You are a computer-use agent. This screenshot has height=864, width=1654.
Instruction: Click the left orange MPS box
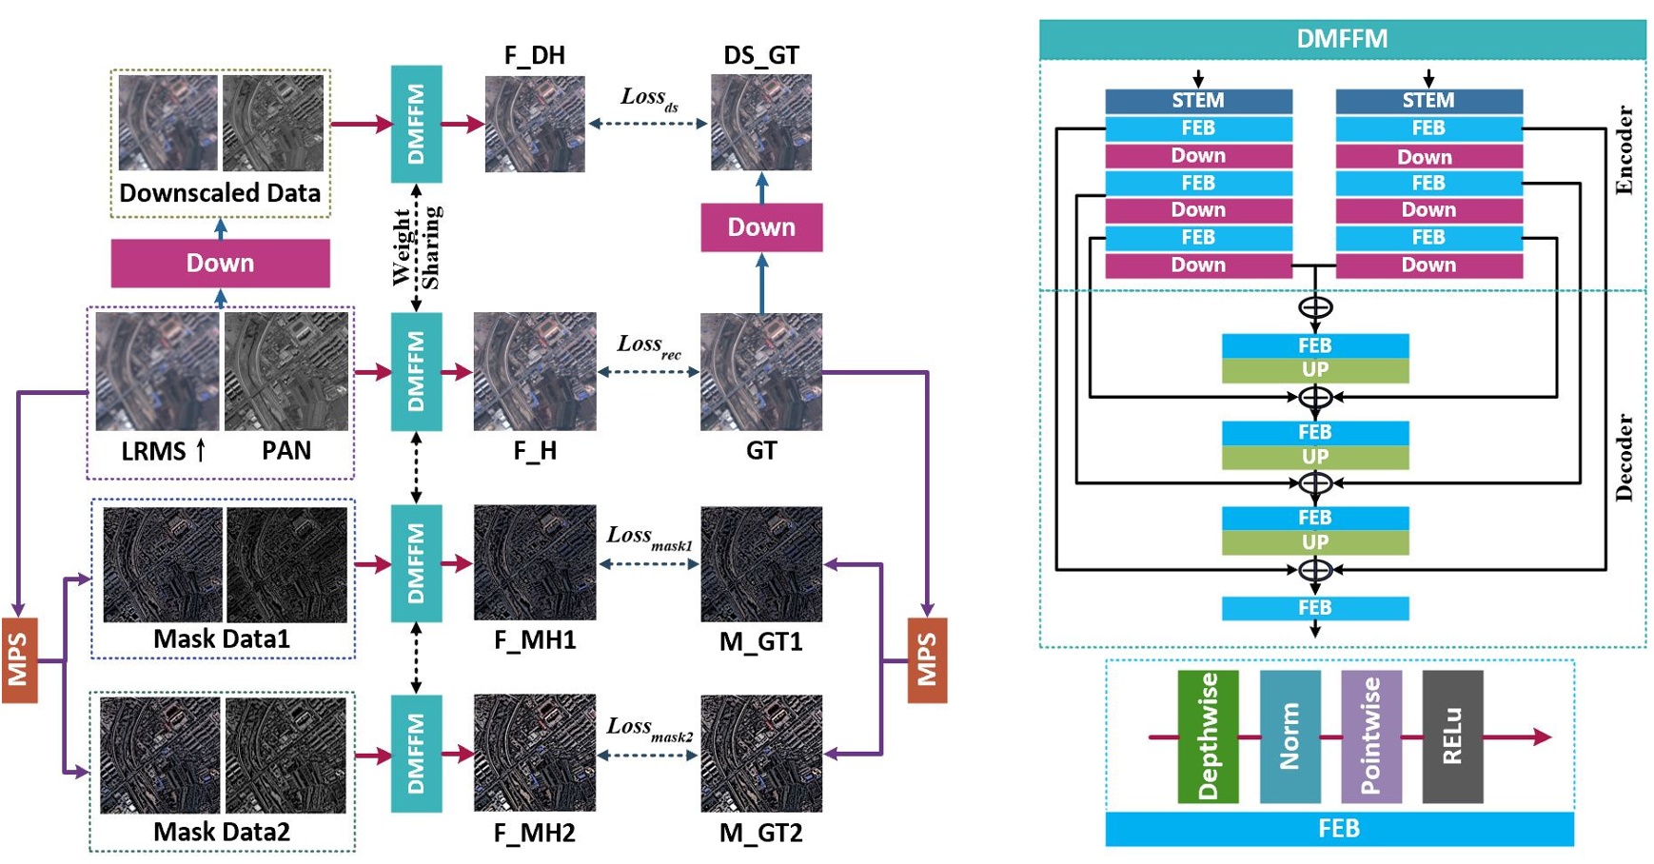coord(19,659)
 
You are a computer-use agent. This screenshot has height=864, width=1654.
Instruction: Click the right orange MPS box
coord(926,659)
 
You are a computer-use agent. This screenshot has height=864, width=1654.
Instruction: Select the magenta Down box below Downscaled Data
coord(220,264)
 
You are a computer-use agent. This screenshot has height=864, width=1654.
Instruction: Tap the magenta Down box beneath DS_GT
coord(761,227)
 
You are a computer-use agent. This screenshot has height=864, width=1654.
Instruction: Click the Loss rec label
coord(648,345)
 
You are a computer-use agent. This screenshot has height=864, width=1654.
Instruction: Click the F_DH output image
coord(535,124)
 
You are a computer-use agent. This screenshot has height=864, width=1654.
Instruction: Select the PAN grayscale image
coord(286,371)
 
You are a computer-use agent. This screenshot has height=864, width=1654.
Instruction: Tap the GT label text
coord(761,450)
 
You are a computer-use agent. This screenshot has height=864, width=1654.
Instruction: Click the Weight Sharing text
coord(417,247)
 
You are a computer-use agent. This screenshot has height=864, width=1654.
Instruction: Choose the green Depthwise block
coord(1208,736)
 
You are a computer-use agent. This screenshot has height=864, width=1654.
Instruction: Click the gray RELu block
coord(1452,736)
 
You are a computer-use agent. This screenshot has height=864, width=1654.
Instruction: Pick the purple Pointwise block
coord(1370,736)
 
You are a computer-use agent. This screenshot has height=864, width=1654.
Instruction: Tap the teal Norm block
coord(1290,736)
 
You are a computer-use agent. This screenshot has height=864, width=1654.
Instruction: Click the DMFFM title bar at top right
coord(1342,39)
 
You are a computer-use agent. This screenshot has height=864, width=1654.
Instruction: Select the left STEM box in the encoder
coord(1198,101)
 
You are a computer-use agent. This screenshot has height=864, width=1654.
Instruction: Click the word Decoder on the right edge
coord(1624,457)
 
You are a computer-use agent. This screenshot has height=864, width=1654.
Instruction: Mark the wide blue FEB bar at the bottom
coord(1339,829)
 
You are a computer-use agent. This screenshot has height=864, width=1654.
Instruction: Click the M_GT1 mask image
coord(761,564)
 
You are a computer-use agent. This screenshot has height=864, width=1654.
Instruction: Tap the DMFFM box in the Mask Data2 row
coord(417,754)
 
